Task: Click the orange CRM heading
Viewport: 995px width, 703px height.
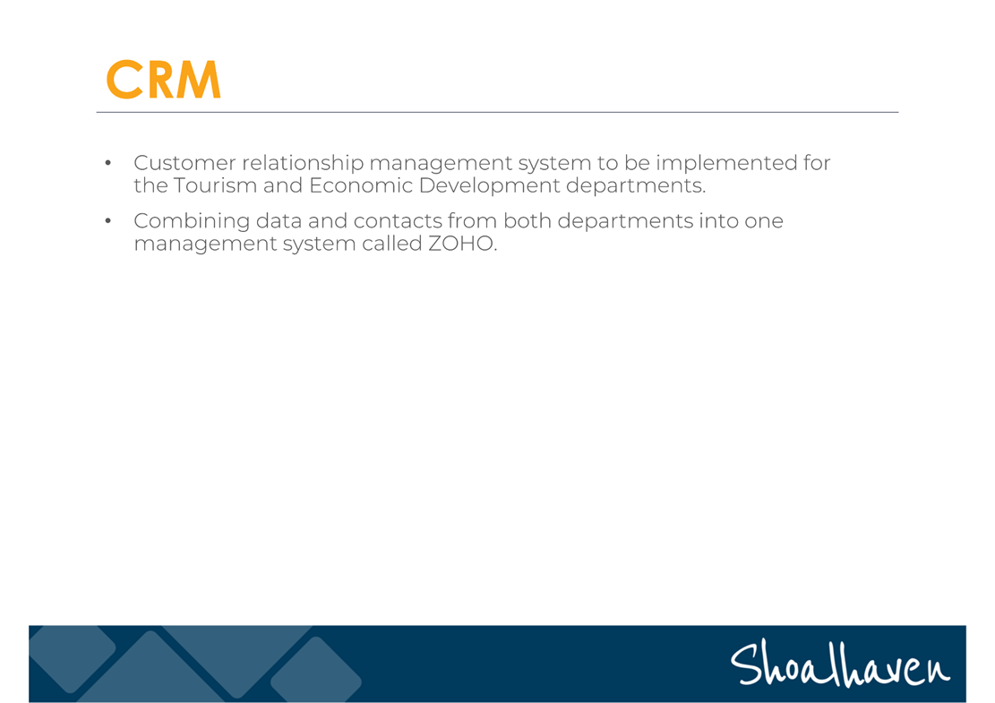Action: point(164,80)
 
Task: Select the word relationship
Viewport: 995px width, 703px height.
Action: point(303,164)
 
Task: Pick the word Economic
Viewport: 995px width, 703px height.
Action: point(360,185)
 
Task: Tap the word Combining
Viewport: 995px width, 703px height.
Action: point(192,221)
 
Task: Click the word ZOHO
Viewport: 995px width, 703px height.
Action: point(460,244)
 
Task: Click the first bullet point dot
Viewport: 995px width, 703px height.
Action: point(107,163)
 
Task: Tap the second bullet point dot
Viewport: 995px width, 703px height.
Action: point(107,221)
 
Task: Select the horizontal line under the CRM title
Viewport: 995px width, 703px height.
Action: point(498,112)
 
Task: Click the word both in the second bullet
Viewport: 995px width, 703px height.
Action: point(528,220)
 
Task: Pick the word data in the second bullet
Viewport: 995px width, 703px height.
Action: point(279,220)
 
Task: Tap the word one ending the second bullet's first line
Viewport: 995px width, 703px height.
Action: point(765,221)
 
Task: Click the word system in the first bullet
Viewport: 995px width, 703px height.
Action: point(554,164)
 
